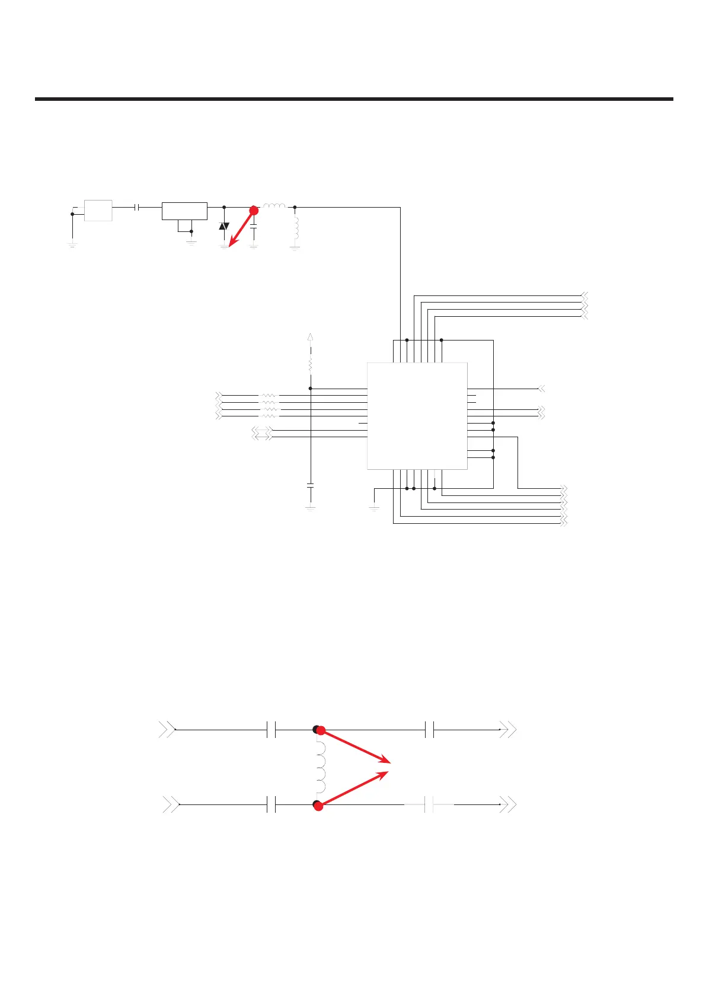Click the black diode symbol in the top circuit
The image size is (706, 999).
click(224, 226)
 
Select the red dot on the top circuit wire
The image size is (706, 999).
click(254, 211)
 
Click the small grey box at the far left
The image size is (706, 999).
click(98, 211)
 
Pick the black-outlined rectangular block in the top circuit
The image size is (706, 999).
click(184, 211)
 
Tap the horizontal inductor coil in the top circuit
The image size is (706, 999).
click(274, 206)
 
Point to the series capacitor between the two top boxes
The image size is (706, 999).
click(138, 208)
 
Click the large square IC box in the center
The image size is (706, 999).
click(417, 416)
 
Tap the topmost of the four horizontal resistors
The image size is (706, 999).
click(269, 395)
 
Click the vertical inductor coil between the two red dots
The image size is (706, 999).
click(320, 767)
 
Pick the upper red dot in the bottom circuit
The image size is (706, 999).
click(321, 730)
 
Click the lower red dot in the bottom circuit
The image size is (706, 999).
click(318, 806)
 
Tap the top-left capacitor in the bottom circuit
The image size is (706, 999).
click(271, 730)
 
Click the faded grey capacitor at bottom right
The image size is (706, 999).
click(430, 805)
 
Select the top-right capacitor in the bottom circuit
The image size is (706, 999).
click(430, 730)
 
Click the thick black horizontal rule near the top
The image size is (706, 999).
click(354, 99)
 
